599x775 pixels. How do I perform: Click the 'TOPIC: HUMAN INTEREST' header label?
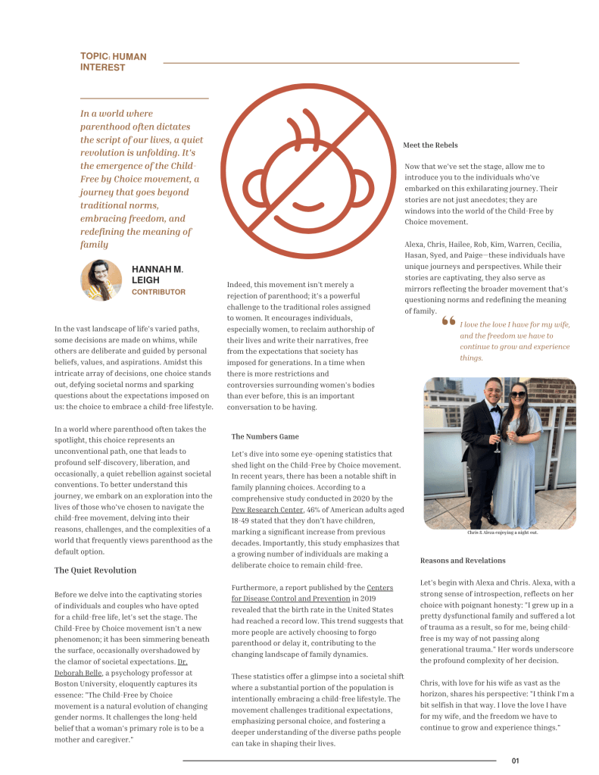pos(113,62)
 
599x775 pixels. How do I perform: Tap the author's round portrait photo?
pos(101,280)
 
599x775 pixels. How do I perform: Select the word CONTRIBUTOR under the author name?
pos(158,292)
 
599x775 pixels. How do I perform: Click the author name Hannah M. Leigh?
pos(157,274)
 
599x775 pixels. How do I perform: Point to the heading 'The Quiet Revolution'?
pos(95,570)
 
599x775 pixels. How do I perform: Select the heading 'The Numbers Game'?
pos(265,436)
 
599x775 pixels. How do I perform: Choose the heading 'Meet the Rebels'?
pos(431,145)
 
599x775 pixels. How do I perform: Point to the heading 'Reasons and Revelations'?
pos(463,561)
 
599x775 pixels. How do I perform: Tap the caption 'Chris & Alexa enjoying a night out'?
pos(502,533)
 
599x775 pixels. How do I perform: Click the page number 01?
pos(516,761)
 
